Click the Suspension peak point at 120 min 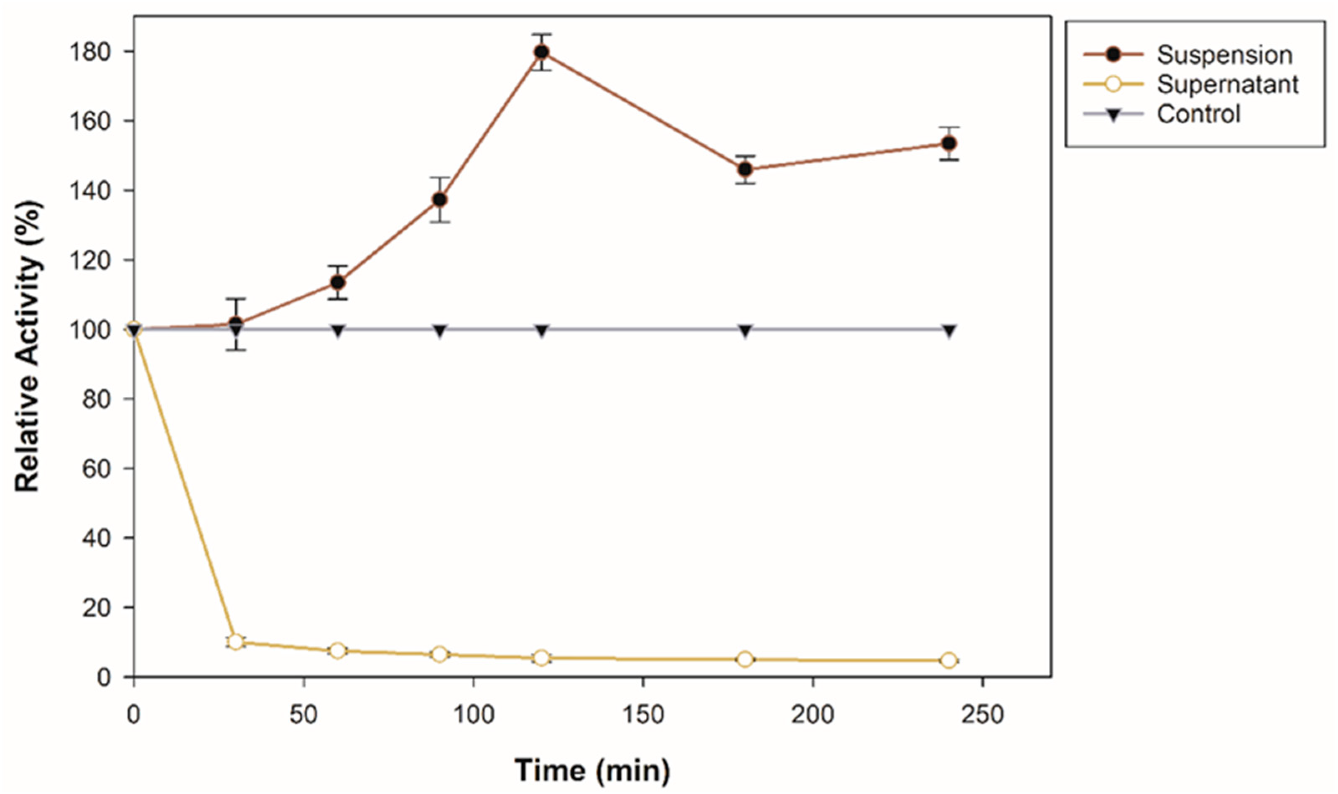(542, 52)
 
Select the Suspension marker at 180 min (745, 170)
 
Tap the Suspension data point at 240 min (949, 143)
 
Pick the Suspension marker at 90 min (440, 199)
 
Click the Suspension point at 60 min (337, 282)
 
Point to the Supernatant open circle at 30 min (235, 641)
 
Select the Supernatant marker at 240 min (949, 660)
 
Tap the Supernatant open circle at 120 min (542, 658)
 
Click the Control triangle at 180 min (745, 331)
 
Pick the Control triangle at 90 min (440, 331)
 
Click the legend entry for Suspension (1224, 55)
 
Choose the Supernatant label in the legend (1227, 84)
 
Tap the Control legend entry (1198, 114)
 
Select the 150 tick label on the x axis (643, 715)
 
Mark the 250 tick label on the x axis (982, 715)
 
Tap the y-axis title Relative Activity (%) (28, 347)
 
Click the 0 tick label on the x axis (134, 715)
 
